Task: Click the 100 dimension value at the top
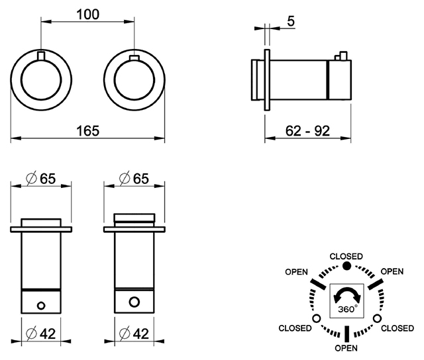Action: tap(88, 14)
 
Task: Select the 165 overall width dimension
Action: tap(88, 131)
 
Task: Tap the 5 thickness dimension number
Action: tap(291, 21)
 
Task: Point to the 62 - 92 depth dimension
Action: tap(307, 131)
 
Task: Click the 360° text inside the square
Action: tap(348, 308)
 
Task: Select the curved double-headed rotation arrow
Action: tap(347, 295)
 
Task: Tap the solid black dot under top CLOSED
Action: tap(346, 266)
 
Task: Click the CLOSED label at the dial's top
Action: tap(346, 256)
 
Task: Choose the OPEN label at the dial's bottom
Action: tap(346, 348)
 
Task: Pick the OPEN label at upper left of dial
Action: tap(296, 272)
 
